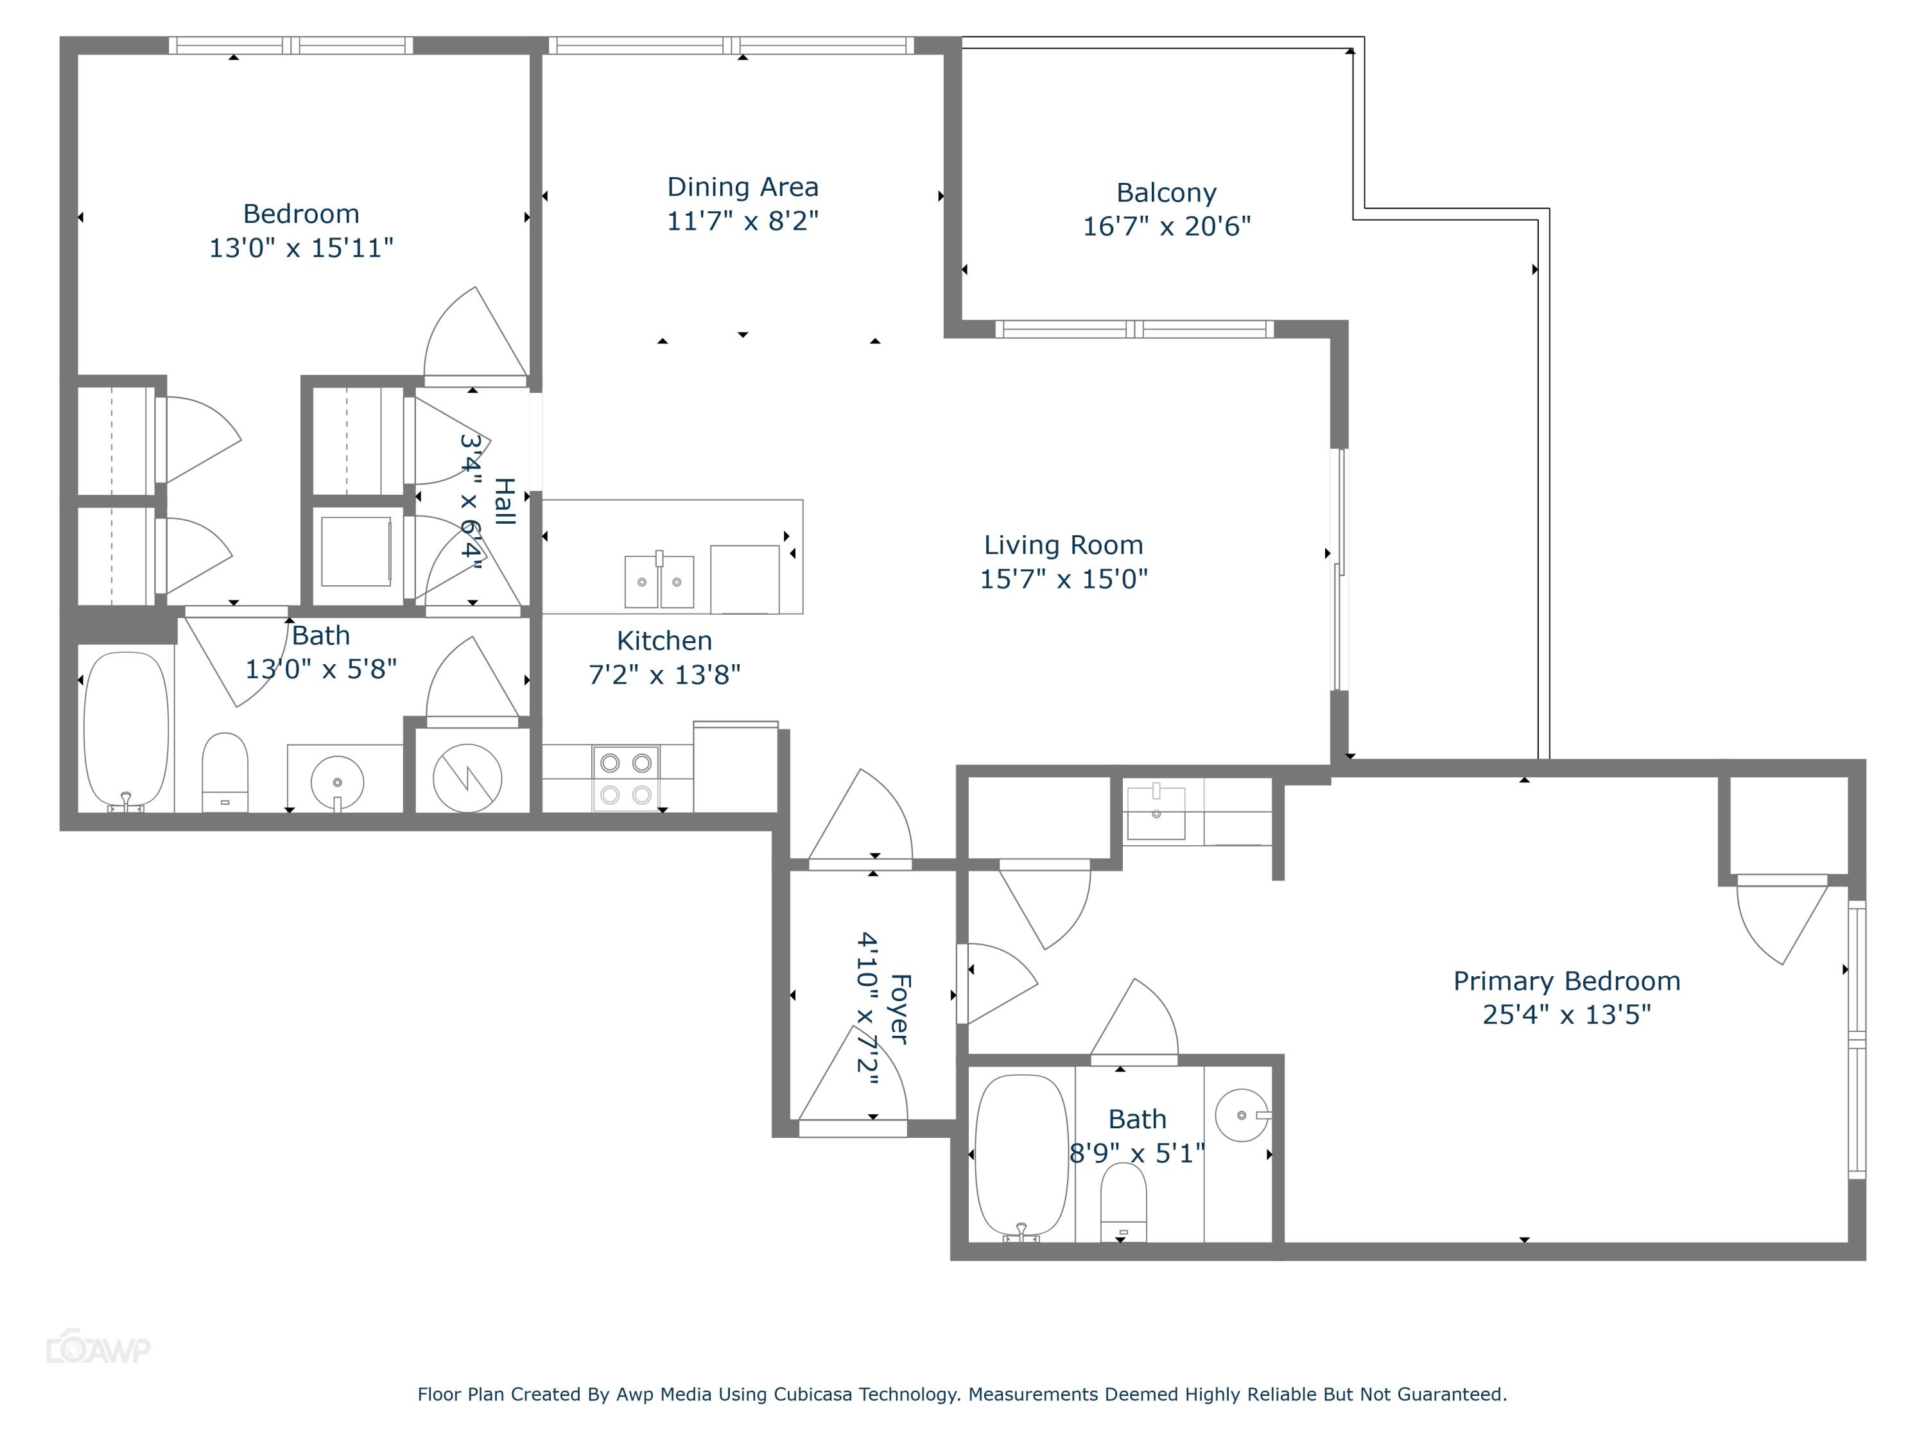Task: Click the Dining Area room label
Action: click(742, 187)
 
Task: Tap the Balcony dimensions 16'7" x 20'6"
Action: click(1166, 227)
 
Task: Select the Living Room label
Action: click(1063, 545)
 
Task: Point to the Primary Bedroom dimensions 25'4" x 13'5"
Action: click(1566, 1015)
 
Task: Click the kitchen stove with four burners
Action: click(626, 778)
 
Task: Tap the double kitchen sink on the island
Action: click(659, 581)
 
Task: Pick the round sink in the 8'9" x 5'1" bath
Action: click(1242, 1115)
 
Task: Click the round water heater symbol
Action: click(467, 777)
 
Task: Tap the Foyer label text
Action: click(900, 1009)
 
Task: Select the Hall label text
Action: click(504, 501)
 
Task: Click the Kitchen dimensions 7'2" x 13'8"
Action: click(664, 675)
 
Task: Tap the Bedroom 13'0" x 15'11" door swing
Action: click(474, 335)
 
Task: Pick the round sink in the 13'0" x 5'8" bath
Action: click(337, 782)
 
